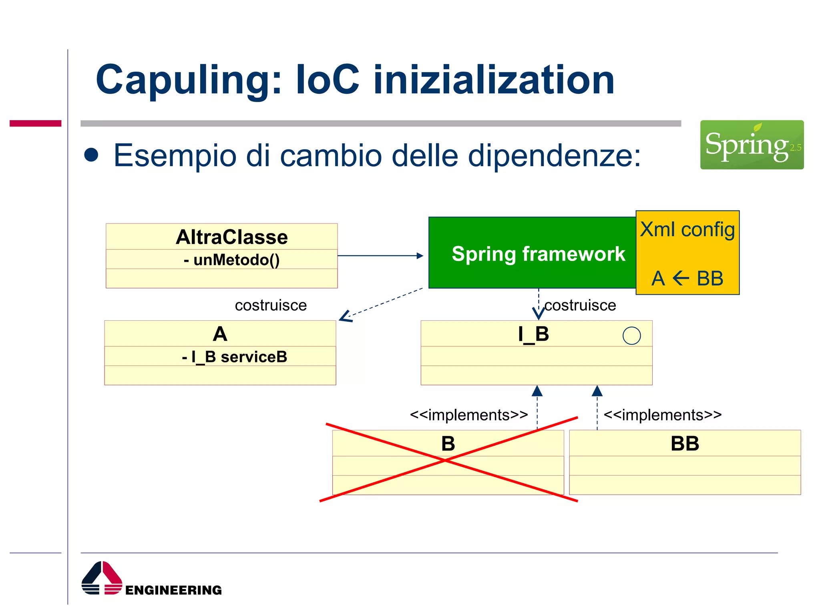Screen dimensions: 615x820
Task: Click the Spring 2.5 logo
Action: pyautogui.click(x=752, y=145)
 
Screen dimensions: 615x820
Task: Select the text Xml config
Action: pyautogui.click(x=687, y=229)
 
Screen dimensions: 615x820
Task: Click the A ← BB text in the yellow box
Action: pyautogui.click(x=687, y=278)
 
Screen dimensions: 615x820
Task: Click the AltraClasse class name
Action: pyautogui.click(x=231, y=237)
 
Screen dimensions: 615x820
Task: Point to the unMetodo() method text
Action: pyautogui.click(x=231, y=260)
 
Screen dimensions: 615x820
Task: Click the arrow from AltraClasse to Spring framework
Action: pyautogui.click(x=380, y=255)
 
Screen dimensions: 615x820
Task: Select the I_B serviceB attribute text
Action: pyautogui.click(x=234, y=357)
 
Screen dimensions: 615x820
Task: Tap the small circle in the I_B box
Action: pyautogui.click(x=631, y=336)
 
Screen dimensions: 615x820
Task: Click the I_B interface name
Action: pyautogui.click(x=533, y=334)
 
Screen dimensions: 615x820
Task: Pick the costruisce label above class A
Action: pyautogui.click(x=271, y=305)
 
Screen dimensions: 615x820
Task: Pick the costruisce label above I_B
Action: pyautogui.click(x=580, y=305)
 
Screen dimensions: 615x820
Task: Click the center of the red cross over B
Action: pyautogui.click(x=445, y=461)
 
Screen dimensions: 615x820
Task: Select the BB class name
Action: pyautogui.click(x=685, y=444)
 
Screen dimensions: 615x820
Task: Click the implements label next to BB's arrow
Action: pyautogui.click(x=662, y=415)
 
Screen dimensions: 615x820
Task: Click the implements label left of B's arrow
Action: pyautogui.click(x=468, y=415)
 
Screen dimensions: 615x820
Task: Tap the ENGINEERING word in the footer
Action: pyautogui.click(x=173, y=590)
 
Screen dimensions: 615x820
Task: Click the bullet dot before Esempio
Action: pyautogui.click(x=91, y=155)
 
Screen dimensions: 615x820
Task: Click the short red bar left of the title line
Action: pyautogui.click(x=35, y=123)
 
